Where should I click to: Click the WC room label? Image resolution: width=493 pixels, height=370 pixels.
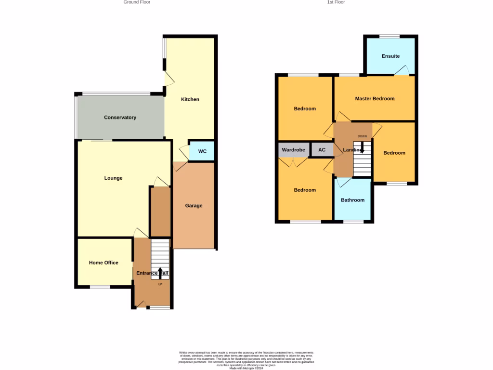[x=202, y=151]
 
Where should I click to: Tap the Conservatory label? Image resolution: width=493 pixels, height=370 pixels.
[x=120, y=118]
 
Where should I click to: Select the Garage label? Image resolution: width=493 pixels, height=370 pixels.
[x=194, y=206]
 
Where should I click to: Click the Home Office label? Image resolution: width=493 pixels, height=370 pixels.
[x=104, y=263]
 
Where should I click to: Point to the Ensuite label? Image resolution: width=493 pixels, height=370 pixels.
[x=390, y=56]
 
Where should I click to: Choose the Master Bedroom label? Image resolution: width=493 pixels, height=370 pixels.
[x=375, y=99]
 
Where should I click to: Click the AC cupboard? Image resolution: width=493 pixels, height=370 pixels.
[x=322, y=150]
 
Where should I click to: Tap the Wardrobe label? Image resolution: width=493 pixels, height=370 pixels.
[x=294, y=150]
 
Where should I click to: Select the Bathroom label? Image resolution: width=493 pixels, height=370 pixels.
[x=352, y=200]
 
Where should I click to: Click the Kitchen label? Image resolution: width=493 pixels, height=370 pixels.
[x=190, y=99]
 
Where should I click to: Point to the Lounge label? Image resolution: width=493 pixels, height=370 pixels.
[x=113, y=178]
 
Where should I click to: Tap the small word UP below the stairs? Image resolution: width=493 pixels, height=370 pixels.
[x=160, y=284]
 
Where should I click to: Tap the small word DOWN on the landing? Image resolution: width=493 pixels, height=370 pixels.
[x=362, y=136]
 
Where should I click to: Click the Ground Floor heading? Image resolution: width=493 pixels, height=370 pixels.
[x=137, y=2]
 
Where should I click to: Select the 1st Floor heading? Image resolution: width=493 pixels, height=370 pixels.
[x=336, y=2]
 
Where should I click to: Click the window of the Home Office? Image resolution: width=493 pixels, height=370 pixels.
[x=100, y=287]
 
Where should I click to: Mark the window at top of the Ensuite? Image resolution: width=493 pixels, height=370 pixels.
[x=389, y=36]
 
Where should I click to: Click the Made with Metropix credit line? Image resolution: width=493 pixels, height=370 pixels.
[x=246, y=368]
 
